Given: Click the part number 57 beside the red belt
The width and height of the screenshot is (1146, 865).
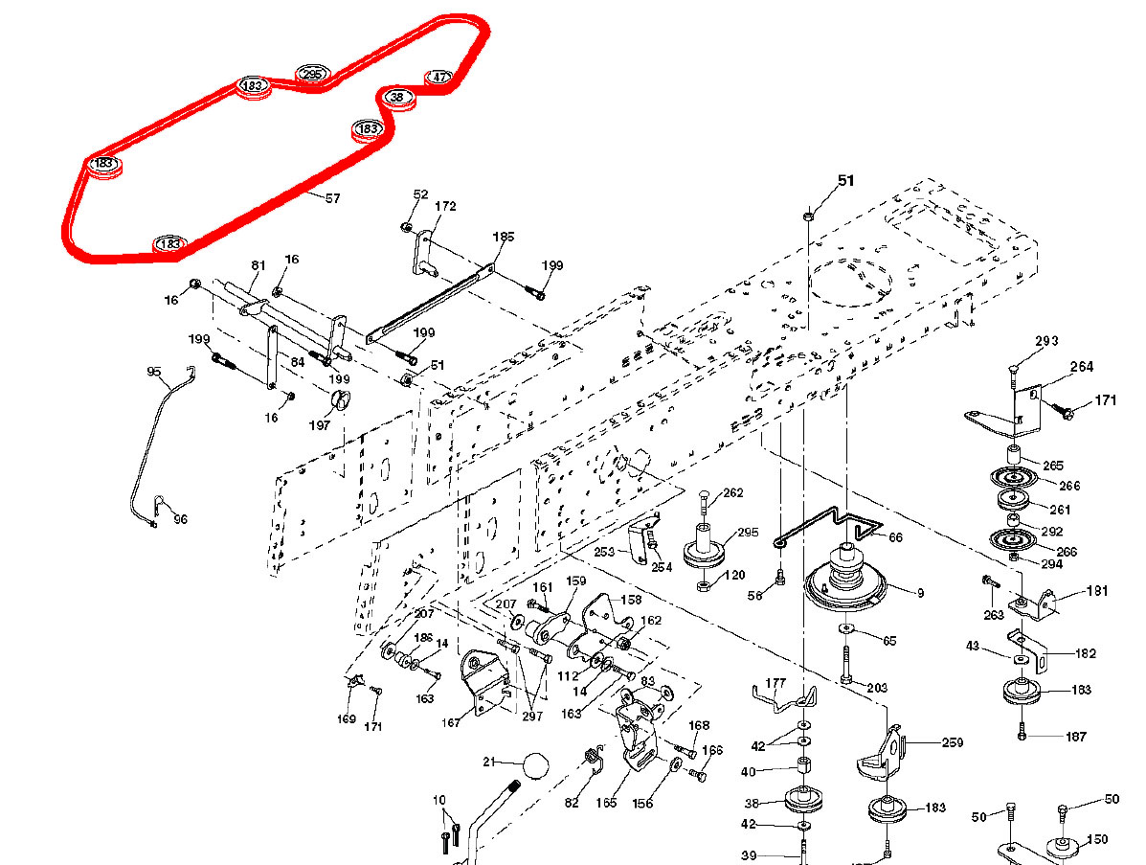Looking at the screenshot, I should pyautogui.click(x=332, y=198).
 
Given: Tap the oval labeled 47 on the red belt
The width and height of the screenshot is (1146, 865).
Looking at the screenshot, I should pyautogui.click(x=438, y=77).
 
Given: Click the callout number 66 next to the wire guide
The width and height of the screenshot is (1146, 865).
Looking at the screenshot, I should pyautogui.click(x=896, y=537).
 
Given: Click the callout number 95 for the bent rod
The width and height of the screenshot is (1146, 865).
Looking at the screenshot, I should pyautogui.click(x=154, y=372).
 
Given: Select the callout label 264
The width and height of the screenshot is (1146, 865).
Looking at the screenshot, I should pyautogui.click(x=1082, y=367).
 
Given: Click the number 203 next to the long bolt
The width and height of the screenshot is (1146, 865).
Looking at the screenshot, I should pyautogui.click(x=876, y=688).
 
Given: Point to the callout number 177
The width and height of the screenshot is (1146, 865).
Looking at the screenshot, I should pyautogui.click(x=776, y=684).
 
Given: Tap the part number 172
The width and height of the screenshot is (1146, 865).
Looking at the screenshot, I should pyautogui.click(x=445, y=206).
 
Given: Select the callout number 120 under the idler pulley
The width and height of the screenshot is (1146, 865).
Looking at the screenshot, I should pyautogui.click(x=734, y=576).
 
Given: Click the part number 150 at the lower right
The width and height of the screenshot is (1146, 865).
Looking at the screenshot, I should pyautogui.click(x=1097, y=839).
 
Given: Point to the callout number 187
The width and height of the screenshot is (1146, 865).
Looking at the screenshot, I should pyautogui.click(x=1076, y=736).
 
